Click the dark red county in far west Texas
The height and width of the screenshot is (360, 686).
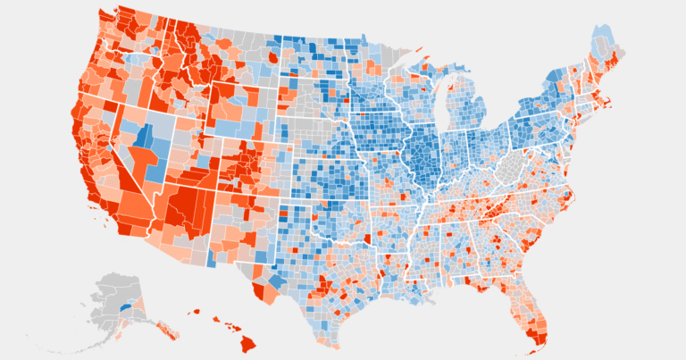click(x=262, y=291)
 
